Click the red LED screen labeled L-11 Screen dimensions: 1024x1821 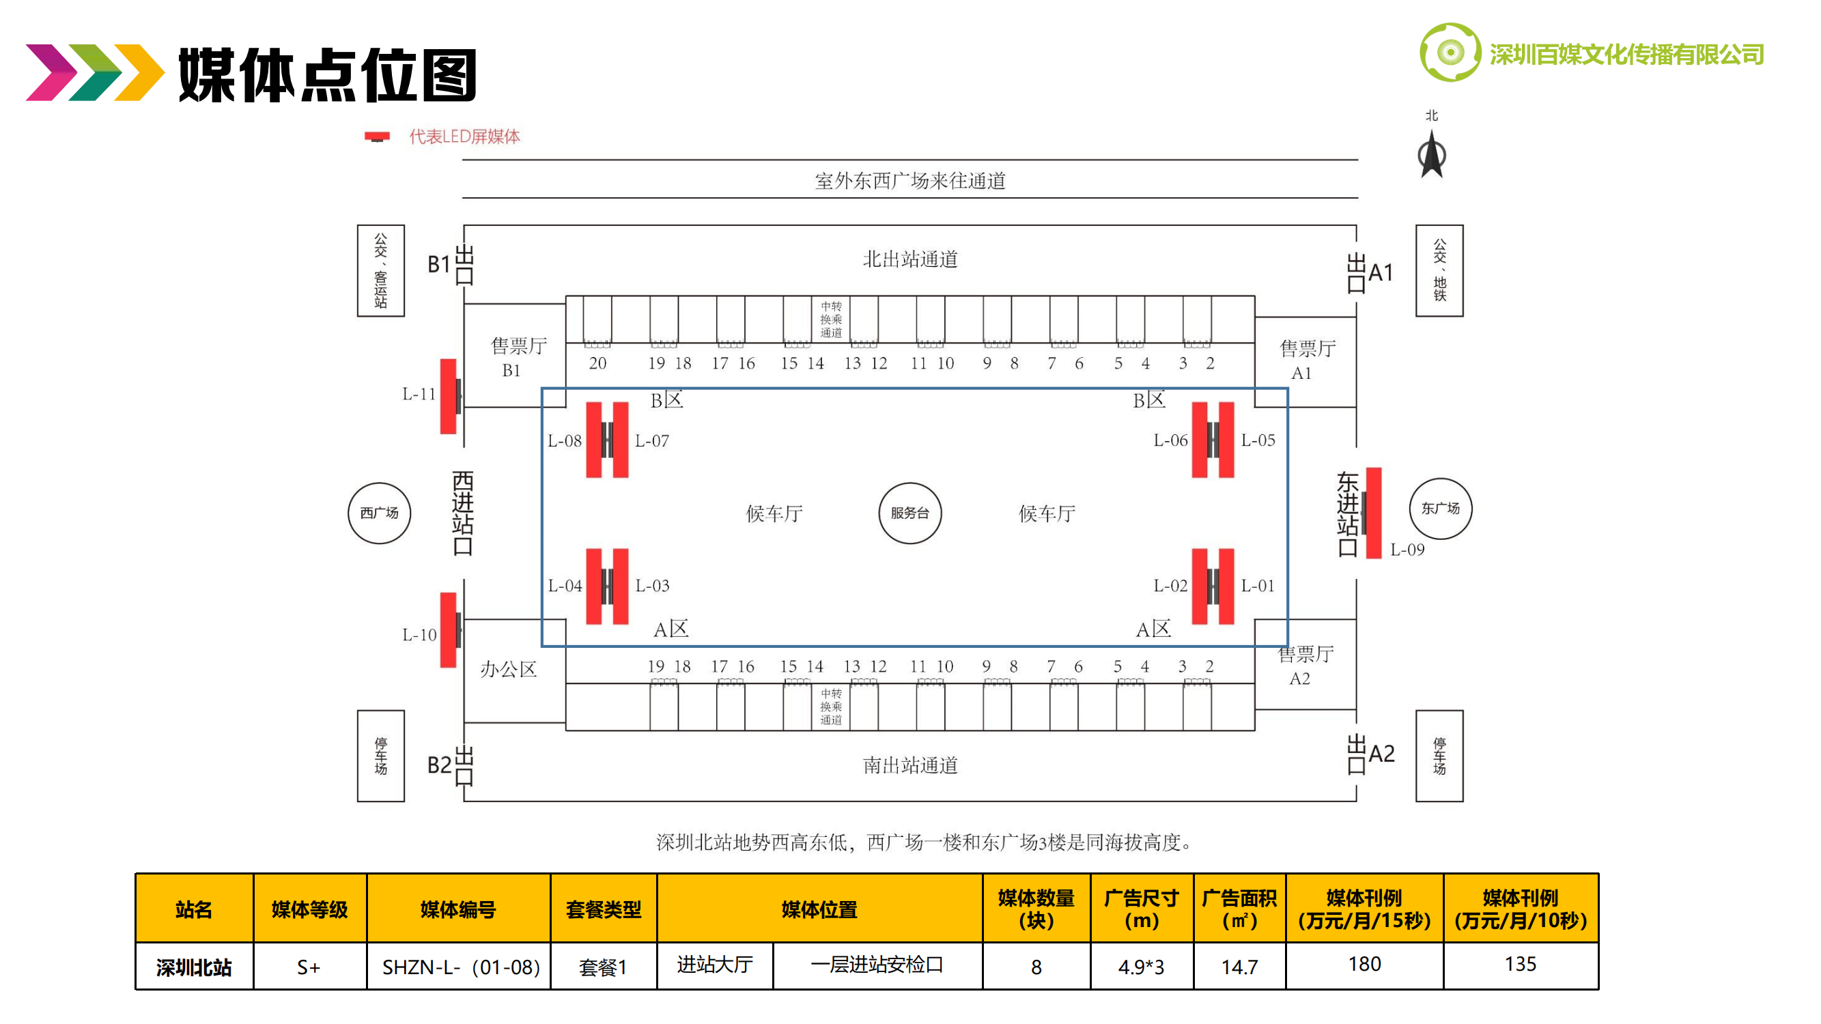click(x=448, y=396)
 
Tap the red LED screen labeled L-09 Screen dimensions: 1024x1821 click(x=1373, y=513)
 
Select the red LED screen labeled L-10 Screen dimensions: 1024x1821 click(x=448, y=629)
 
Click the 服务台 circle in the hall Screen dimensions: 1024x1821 click(x=909, y=513)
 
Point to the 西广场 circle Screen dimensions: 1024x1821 click(x=379, y=513)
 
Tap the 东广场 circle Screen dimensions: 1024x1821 click(x=1440, y=509)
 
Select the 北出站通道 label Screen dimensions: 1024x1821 click(x=909, y=259)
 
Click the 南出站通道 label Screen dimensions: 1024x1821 click(x=909, y=765)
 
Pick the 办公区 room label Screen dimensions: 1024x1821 click(x=508, y=669)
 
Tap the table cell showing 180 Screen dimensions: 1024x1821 click(x=1364, y=965)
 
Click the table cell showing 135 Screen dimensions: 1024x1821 click(x=1520, y=965)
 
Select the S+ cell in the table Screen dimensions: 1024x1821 click(x=309, y=967)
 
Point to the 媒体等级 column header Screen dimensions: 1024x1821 click(x=309, y=909)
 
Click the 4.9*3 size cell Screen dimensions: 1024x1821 click(x=1141, y=967)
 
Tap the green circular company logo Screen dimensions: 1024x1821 click(x=1450, y=53)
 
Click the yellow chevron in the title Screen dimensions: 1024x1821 click(x=139, y=72)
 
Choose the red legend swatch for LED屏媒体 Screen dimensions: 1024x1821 click(x=377, y=137)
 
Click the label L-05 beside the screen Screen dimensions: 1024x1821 click(x=1258, y=440)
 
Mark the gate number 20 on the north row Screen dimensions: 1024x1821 click(x=597, y=363)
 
